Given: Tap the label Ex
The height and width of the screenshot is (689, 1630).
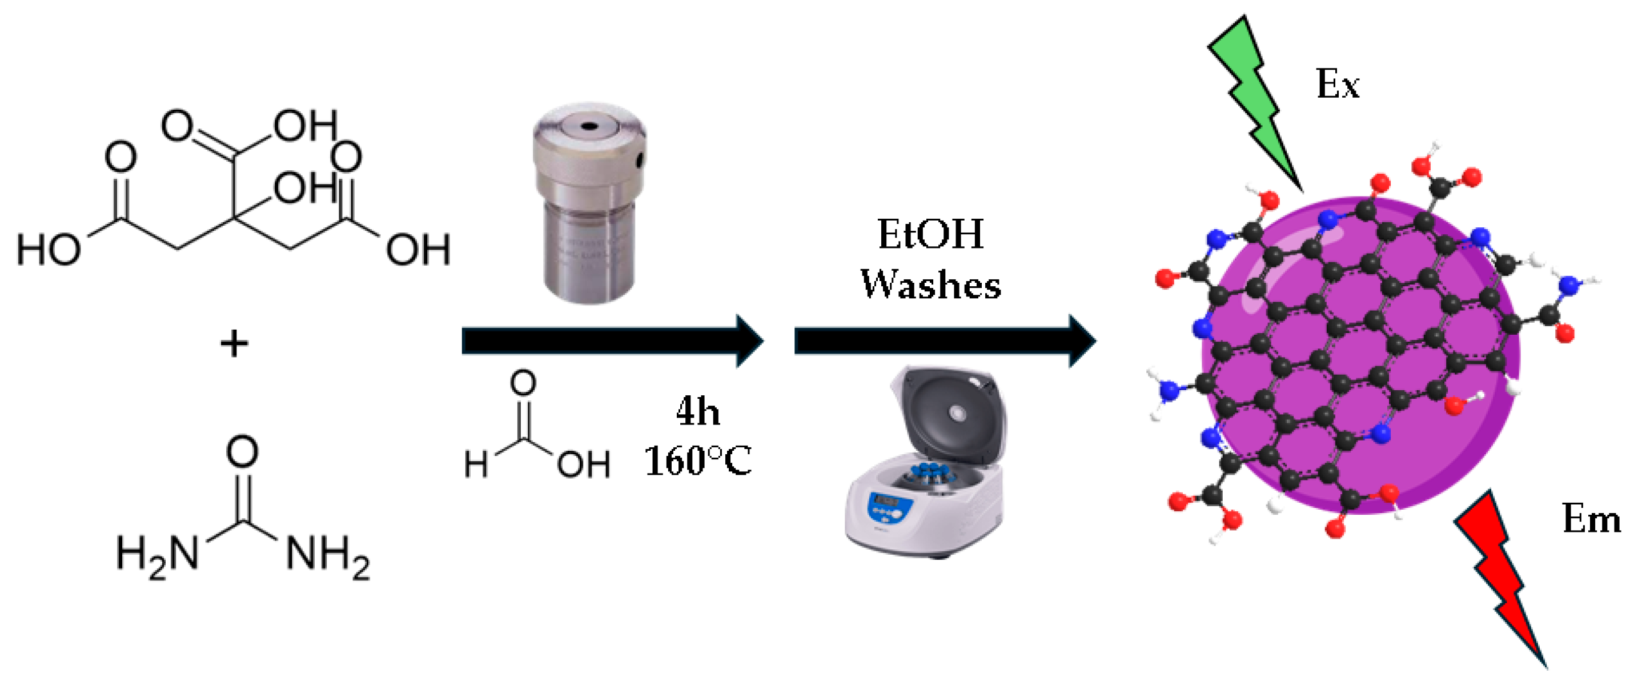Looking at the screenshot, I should (x=1337, y=84).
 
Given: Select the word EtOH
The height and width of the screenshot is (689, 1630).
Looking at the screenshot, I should (x=930, y=235).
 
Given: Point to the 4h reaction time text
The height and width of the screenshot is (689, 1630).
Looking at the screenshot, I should (x=697, y=412).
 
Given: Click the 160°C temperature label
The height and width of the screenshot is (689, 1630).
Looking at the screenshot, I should (x=697, y=461).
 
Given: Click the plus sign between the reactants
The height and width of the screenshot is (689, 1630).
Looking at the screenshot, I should (x=234, y=345).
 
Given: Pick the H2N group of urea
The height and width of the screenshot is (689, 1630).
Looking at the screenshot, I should (x=158, y=554).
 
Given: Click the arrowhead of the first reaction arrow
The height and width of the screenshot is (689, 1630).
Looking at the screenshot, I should (x=750, y=341).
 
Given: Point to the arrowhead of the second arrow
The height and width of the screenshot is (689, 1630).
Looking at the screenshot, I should (x=1082, y=341).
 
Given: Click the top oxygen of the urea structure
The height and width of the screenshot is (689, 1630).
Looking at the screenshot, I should (x=242, y=452).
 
